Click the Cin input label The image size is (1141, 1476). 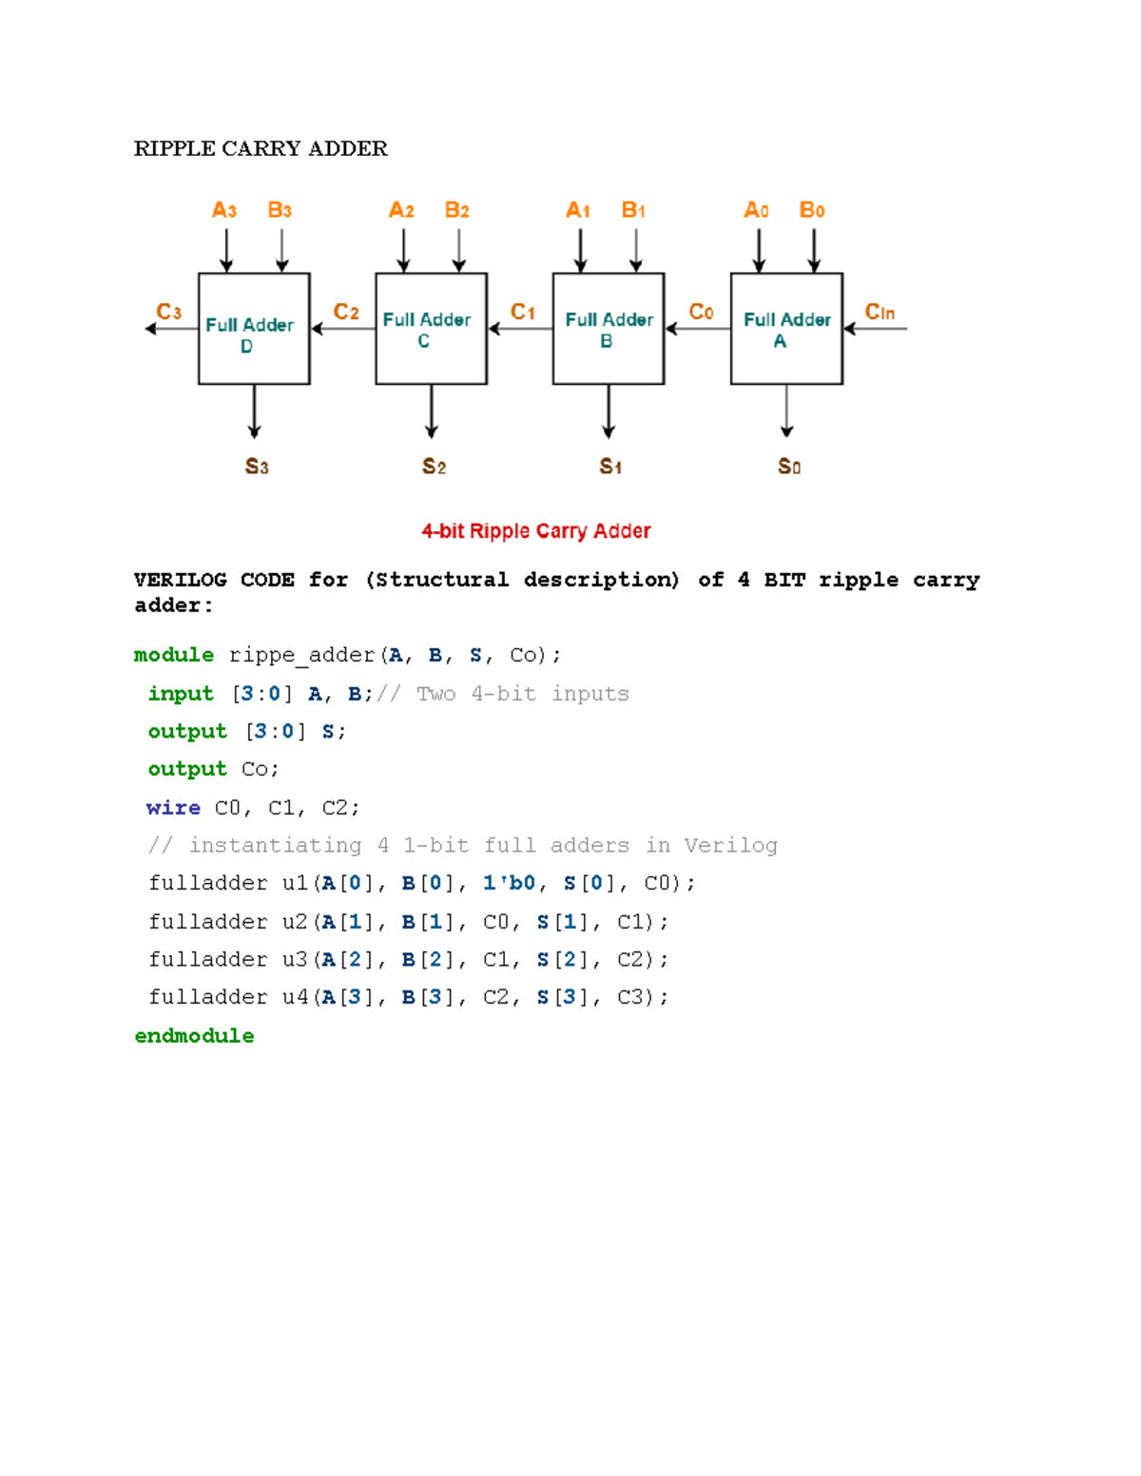point(880,312)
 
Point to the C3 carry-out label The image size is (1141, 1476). point(168,312)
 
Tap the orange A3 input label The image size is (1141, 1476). point(224,210)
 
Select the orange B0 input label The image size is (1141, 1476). point(811,210)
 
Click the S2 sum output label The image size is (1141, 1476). point(434,466)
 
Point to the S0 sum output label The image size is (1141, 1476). point(789,466)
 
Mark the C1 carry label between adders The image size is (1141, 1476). point(523,312)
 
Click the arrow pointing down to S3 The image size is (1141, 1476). point(254,412)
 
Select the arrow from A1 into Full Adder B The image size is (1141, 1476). point(580,251)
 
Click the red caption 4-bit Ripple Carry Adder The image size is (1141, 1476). point(536,531)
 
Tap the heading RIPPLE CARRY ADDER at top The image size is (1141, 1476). point(261,148)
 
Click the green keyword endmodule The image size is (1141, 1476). point(194,1036)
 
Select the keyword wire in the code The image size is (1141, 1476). point(173,808)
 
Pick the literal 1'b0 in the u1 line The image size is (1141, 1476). point(509,883)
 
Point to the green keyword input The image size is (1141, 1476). point(181,694)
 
